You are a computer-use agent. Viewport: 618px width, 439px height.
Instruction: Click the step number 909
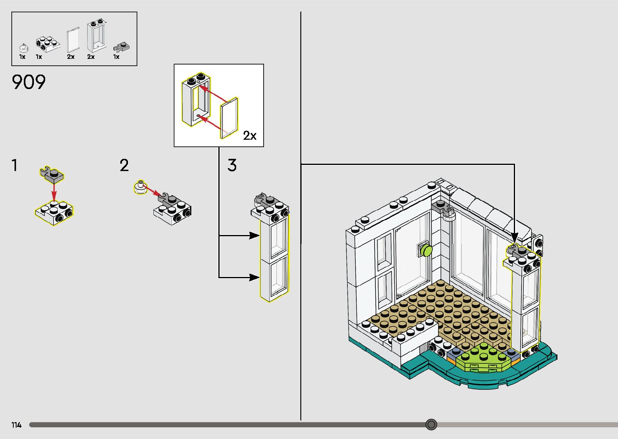point(29,82)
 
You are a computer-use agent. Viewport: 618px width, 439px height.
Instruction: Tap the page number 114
point(16,425)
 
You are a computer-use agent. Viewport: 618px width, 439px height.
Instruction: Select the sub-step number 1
point(15,165)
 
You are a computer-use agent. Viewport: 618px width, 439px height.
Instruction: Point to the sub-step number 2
point(124,165)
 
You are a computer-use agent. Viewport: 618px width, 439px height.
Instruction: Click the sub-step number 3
point(232,165)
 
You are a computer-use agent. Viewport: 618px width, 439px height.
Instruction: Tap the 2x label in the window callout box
point(249,136)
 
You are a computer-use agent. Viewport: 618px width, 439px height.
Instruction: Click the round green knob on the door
point(426,250)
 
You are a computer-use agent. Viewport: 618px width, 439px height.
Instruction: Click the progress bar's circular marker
point(431,424)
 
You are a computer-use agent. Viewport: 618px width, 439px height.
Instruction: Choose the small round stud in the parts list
point(23,48)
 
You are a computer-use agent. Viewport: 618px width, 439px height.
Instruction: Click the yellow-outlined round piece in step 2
point(140,187)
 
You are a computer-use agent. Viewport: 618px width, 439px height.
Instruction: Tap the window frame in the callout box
point(195,99)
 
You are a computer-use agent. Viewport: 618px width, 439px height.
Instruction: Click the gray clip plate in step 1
point(52,173)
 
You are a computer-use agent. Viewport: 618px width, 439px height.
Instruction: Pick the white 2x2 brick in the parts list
point(47,44)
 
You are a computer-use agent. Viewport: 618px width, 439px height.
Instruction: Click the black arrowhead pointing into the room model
point(514,238)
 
